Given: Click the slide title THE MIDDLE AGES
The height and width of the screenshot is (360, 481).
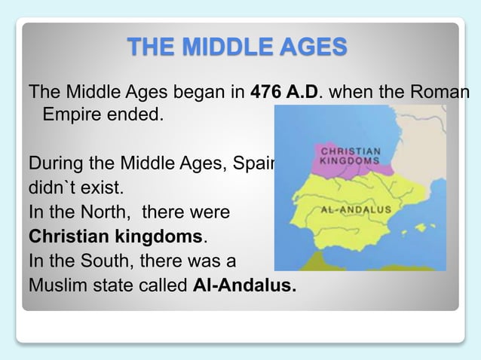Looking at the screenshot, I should coord(240,47).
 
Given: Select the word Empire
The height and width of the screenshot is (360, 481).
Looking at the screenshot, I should coord(72,117).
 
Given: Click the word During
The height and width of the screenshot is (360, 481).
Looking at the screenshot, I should coord(55,163).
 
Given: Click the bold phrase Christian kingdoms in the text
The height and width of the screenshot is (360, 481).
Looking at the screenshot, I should coord(115,236).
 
